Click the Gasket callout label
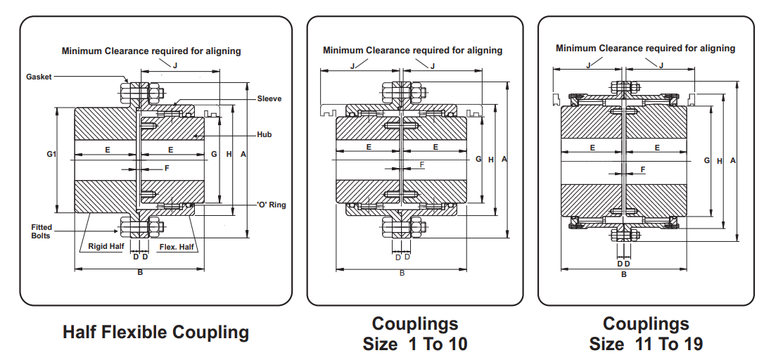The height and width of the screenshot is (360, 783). pos(39,77)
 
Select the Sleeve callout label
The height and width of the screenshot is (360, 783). pos(269,98)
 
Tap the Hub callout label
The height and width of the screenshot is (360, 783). pos(264,135)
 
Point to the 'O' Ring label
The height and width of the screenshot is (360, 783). pos(272,205)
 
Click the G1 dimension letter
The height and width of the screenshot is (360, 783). pos(51,154)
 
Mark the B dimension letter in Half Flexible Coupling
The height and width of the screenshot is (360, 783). pos(140,273)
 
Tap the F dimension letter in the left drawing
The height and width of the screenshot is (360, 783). pos(167,168)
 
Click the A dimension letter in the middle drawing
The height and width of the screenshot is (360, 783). pos(504,159)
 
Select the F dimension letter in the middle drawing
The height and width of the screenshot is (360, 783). pos(422,165)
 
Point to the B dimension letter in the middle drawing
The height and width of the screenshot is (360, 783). pos(402,273)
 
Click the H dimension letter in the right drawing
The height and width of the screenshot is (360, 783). pos(720,161)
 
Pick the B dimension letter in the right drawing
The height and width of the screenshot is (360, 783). pos(624,274)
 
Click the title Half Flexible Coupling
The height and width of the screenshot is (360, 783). pos(155,332)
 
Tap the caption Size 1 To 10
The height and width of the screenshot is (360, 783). pos(415,344)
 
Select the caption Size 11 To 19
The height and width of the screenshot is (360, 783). pos(647,344)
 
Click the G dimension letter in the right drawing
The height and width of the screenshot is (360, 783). pos(707,160)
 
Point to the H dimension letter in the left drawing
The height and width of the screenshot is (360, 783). pos(229,154)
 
